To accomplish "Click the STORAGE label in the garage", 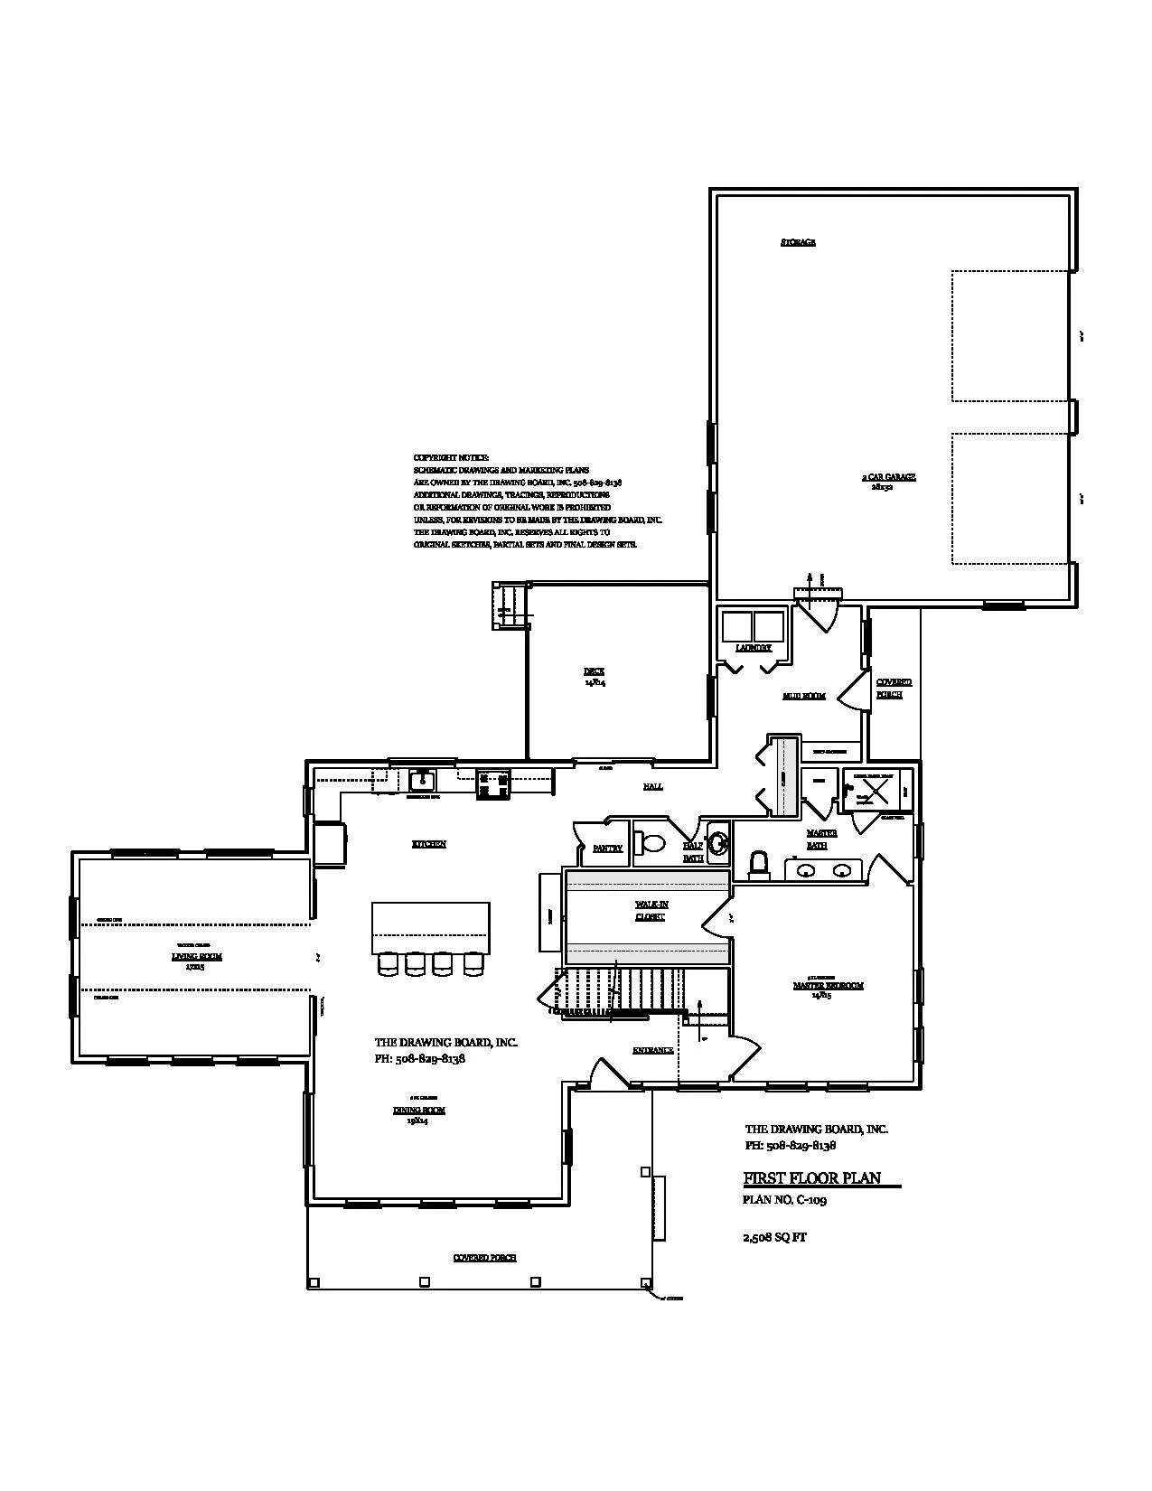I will click(798, 242).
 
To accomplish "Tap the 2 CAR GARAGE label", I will click(887, 477).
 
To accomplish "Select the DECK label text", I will click(594, 671).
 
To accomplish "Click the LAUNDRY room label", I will click(754, 648).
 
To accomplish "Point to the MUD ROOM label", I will click(803, 697).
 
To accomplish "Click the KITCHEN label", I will click(429, 844).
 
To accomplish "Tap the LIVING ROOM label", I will click(197, 956).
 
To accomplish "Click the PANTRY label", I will click(607, 849).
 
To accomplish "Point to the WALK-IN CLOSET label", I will click(651, 910).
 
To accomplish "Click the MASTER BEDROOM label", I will click(828, 986).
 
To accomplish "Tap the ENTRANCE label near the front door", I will click(652, 1050).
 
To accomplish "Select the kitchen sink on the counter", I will click(421, 780).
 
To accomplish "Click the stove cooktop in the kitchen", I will click(493, 783).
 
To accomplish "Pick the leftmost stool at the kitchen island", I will click(387, 965).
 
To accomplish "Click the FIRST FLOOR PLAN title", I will click(811, 1178).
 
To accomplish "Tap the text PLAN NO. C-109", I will click(784, 1200).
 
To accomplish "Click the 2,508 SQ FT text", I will click(774, 1238).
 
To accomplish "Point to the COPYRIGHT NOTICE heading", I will click(451, 458).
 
